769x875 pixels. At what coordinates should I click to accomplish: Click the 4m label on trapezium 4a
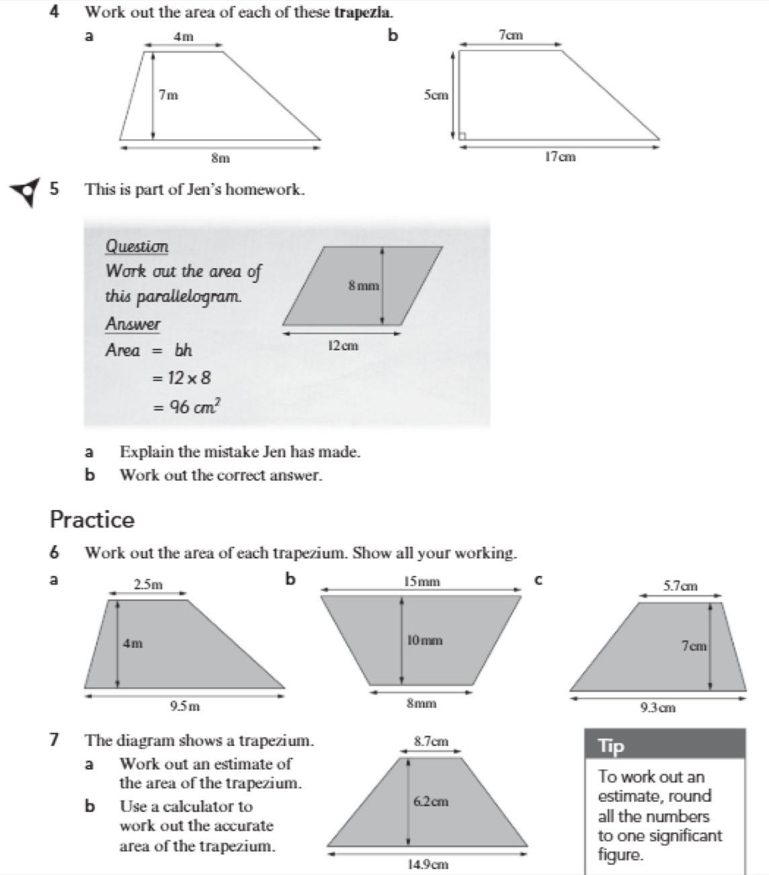point(183,37)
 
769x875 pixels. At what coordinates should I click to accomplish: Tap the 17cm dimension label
point(560,157)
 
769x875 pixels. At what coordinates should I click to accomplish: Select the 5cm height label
point(436,95)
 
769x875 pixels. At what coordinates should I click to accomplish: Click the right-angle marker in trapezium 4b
point(462,136)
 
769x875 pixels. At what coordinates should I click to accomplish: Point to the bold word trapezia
point(364,12)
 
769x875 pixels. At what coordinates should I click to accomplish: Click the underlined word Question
point(136,247)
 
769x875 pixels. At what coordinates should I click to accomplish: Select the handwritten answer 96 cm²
point(195,407)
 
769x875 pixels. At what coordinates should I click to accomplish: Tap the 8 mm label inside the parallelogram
point(364,286)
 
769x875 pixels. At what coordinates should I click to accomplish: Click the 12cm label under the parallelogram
point(343,345)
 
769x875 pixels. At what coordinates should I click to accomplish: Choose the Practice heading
point(92,519)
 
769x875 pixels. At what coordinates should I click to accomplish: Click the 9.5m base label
point(185,706)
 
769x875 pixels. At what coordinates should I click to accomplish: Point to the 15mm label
point(422,581)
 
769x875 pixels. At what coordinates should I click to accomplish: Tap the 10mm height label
point(425,640)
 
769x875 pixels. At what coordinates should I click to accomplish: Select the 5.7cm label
point(680,585)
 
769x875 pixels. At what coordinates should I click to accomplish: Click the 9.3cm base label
point(658,707)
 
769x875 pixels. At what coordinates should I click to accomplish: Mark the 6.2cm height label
point(430,801)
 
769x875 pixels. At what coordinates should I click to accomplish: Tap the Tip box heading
point(611,746)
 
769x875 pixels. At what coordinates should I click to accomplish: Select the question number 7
point(54,741)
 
